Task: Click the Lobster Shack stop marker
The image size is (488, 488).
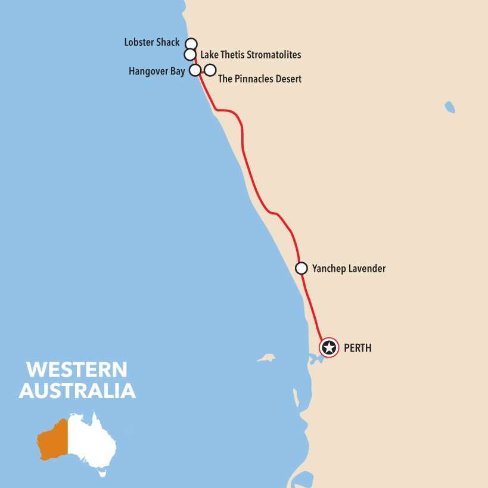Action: (191, 43)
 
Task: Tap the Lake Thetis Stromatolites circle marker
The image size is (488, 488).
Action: (190, 55)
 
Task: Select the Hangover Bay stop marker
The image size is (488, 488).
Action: (194, 70)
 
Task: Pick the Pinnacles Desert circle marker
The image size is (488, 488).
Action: (210, 71)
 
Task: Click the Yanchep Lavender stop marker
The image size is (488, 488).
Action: (301, 268)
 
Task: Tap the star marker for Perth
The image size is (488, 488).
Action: (329, 347)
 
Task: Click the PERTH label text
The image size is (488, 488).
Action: (358, 348)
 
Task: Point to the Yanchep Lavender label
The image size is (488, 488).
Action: (349, 269)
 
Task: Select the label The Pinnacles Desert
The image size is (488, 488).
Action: (260, 79)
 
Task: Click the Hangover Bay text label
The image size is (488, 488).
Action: (157, 72)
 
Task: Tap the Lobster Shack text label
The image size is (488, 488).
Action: (152, 42)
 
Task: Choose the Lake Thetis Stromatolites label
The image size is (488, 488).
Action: (250, 55)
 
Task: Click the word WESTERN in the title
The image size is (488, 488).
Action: (77, 369)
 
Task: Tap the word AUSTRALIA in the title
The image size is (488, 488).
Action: (77, 391)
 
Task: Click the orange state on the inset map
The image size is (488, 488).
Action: (52, 438)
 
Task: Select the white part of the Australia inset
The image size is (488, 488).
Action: (89, 441)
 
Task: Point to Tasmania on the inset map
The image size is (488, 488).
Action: (101, 475)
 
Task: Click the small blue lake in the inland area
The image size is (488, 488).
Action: (450, 107)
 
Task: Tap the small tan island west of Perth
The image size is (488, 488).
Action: (266, 358)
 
